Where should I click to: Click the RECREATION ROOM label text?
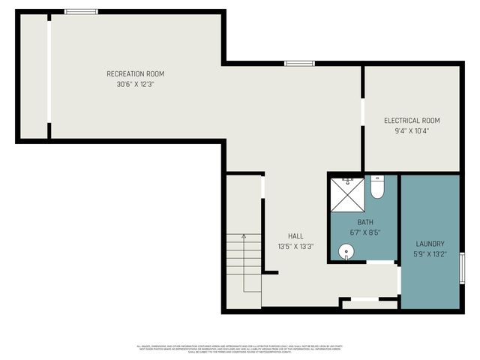[x=135, y=73]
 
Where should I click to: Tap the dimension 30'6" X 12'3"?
[x=135, y=84]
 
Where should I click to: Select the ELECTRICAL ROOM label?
[x=412, y=120]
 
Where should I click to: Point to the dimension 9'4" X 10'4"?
[x=412, y=130]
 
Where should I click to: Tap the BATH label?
[x=364, y=222]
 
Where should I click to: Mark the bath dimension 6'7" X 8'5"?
[x=364, y=232]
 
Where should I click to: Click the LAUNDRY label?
[x=430, y=244]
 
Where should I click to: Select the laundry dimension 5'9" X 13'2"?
[x=430, y=254]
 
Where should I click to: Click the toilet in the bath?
[x=378, y=187]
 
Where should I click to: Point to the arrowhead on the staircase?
[x=244, y=236]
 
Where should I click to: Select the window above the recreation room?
[x=80, y=11]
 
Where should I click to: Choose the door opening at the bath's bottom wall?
[x=381, y=262]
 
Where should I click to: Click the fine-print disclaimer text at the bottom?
[x=239, y=349]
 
